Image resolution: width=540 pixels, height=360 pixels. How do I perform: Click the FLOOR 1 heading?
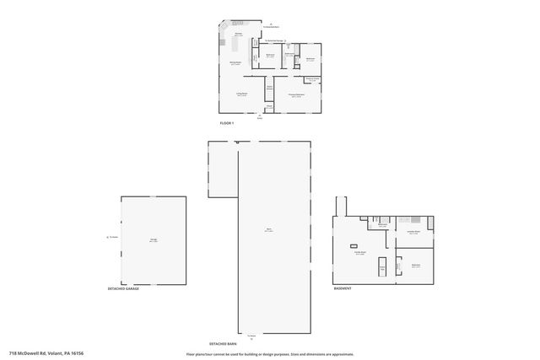tap(226, 123)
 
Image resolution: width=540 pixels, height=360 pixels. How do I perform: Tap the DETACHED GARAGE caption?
tap(123, 288)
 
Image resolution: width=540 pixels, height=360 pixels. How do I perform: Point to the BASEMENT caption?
tap(343, 288)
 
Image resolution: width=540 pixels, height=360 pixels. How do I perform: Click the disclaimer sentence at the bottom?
tap(270, 354)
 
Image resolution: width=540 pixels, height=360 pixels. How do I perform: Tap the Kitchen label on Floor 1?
tap(239, 35)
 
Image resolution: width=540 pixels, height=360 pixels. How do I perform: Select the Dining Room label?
tap(236, 63)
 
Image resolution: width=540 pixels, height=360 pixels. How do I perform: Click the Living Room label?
tap(240, 94)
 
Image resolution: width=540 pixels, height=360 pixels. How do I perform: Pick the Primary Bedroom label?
tap(296, 96)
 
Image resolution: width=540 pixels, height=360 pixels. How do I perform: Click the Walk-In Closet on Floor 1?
tap(312, 79)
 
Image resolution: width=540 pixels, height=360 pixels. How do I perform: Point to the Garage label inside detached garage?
tap(154, 240)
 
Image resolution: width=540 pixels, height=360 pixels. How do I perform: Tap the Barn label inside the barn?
tap(268, 229)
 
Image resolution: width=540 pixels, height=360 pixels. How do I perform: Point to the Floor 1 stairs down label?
tap(269, 87)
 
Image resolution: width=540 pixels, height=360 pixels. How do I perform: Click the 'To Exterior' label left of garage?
tap(112, 238)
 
